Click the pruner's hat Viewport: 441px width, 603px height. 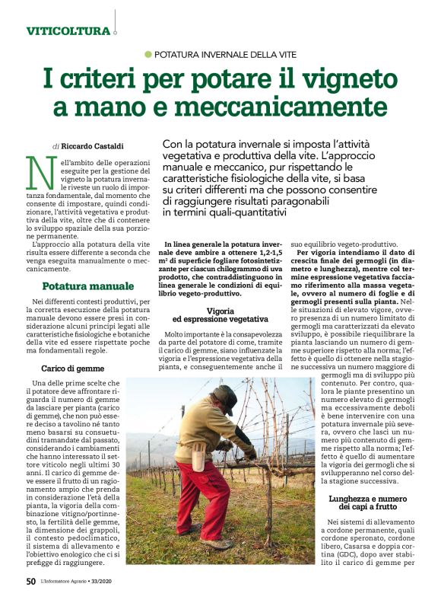pos(226,392)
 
